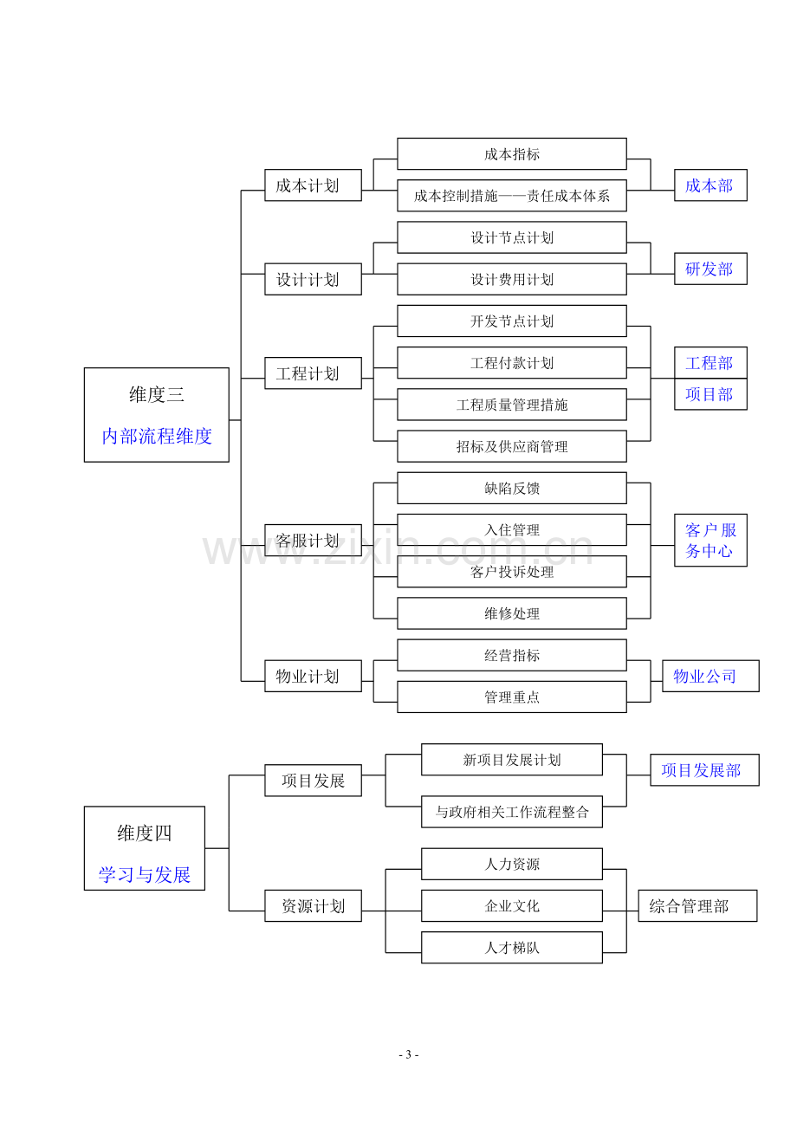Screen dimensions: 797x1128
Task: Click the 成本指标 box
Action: point(511,153)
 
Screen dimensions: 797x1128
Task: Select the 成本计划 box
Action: point(313,185)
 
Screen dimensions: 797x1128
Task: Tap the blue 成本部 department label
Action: point(709,185)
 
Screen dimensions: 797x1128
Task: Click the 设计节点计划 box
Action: point(511,237)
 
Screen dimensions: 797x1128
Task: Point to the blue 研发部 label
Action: point(709,269)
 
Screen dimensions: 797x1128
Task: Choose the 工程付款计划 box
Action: point(511,362)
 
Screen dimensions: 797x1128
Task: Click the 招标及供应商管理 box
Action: point(511,446)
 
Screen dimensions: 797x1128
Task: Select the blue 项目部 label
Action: point(709,394)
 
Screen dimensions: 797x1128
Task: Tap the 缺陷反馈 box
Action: point(511,488)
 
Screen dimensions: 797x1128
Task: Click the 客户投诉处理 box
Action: point(511,572)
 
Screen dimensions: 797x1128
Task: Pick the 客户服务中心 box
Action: point(710,541)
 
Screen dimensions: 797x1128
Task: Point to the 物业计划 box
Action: point(313,676)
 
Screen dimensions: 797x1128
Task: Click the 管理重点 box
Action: point(511,697)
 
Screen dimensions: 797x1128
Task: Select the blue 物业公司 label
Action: point(704,676)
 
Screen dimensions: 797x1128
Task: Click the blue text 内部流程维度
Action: point(157,436)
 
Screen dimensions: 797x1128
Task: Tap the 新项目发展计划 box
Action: point(511,760)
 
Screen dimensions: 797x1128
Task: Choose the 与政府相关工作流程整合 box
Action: point(511,812)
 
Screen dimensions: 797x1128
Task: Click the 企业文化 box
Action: point(511,906)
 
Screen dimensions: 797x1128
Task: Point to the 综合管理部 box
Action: point(697,906)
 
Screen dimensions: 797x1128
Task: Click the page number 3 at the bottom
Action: point(408,1054)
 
